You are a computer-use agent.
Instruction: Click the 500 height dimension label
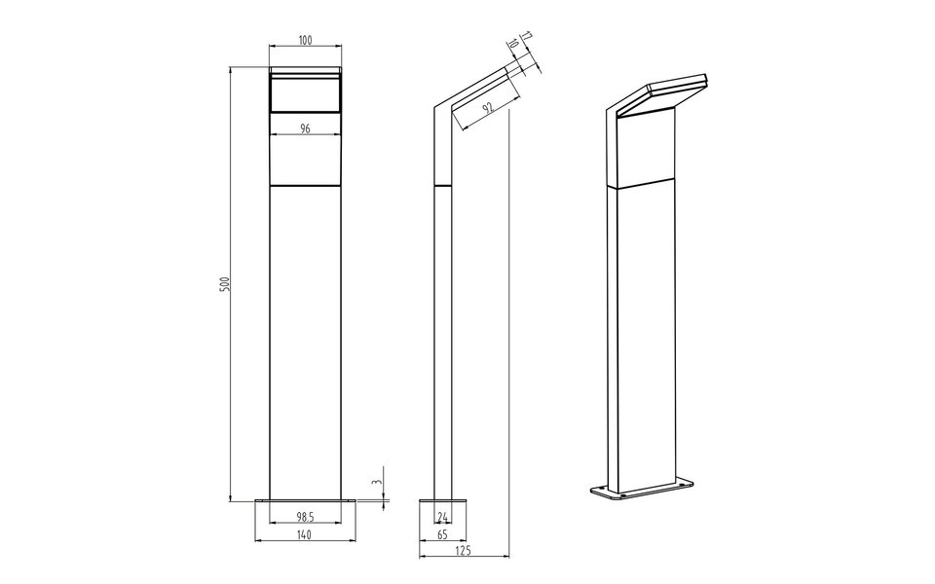tap(223, 284)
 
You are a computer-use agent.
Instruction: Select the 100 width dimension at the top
tap(305, 40)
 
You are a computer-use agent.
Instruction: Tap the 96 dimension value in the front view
tap(305, 128)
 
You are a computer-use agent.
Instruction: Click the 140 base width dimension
tap(305, 533)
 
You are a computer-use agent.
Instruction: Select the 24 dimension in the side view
tap(443, 515)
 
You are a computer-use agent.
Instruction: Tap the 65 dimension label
tap(443, 533)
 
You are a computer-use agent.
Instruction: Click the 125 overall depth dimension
tap(463, 552)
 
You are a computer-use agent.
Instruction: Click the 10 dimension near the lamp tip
tap(513, 46)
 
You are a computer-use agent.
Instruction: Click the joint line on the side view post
tap(443, 184)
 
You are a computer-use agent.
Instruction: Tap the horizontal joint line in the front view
tap(305, 185)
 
